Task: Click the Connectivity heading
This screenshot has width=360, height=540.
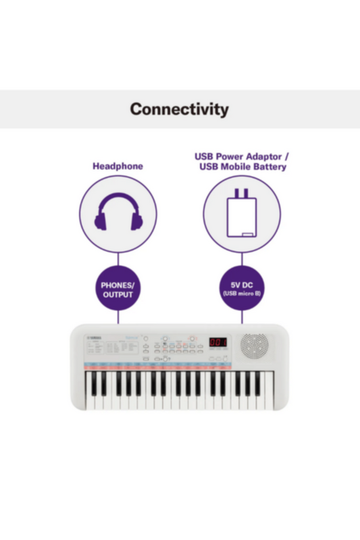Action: pyautogui.click(x=180, y=109)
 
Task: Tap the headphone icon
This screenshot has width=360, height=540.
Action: pyautogui.click(x=118, y=213)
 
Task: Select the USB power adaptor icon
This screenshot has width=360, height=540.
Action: pyautogui.click(x=241, y=215)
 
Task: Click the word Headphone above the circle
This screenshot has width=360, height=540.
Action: pyautogui.click(x=118, y=166)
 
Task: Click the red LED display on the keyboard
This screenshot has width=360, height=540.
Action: pyautogui.click(x=217, y=343)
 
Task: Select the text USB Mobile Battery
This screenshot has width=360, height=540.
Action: pyautogui.click(x=242, y=167)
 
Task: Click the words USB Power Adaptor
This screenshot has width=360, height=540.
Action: pyautogui.click(x=237, y=156)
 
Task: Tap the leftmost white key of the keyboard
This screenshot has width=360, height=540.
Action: pyautogui.click(x=89, y=398)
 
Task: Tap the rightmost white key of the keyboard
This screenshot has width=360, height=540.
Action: pyautogui.click(x=269, y=398)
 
